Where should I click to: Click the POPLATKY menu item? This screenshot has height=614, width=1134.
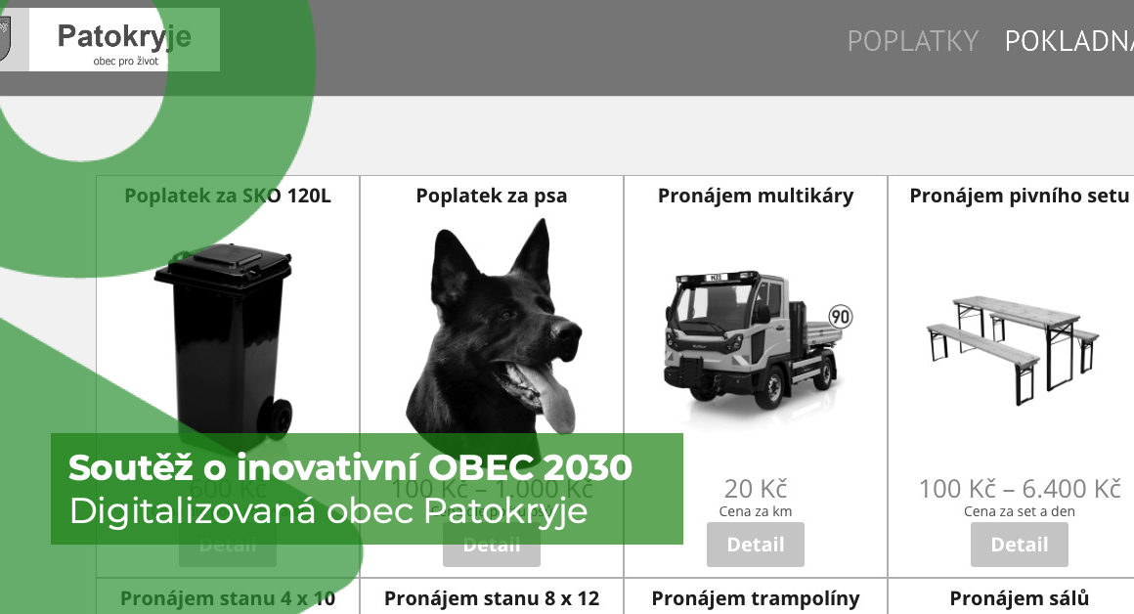click(x=912, y=41)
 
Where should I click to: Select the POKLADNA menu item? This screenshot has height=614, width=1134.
click(x=1069, y=41)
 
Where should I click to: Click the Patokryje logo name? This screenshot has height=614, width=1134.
click(x=124, y=37)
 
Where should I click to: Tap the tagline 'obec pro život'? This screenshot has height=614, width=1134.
click(x=125, y=61)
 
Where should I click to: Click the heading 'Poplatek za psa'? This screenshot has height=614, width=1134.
click(x=491, y=196)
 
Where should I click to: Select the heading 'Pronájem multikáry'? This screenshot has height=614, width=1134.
click(x=755, y=196)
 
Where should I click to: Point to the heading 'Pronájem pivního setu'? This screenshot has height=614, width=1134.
click(x=1019, y=196)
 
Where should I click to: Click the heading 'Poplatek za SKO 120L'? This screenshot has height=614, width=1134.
click(x=228, y=196)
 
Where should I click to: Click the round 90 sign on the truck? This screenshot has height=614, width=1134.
click(x=840, y=317)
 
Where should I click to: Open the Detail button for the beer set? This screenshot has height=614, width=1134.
click(x=1019, y=545)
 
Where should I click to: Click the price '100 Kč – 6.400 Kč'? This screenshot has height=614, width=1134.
click(x=1019, y=489)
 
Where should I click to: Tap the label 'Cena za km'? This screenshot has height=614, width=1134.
click(x=755, y=511)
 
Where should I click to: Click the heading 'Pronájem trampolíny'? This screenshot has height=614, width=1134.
click(x=755, y=598)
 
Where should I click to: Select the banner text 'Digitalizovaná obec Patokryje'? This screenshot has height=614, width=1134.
click(x=327, y=511)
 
